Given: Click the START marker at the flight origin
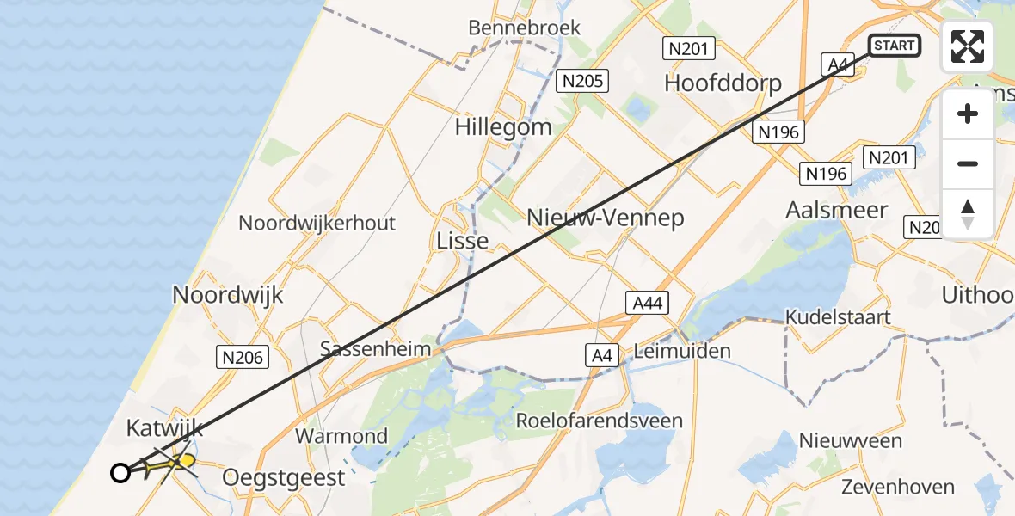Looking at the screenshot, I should pyautogui.click(x=895, y=46).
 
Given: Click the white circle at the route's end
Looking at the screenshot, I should pyautogui.click(x=120, y=472).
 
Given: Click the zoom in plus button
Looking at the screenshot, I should pyautogui.click(x=968, y=114).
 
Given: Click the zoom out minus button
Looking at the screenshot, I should pyautogui.click(x=968, y=164).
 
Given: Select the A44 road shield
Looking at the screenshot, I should pyautogui.click(x=646, y=303).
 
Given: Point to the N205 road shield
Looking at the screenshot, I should pyautogui.click(x=582, y=82).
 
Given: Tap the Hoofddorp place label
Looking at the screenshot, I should pyautogui.click(x=723, y=83).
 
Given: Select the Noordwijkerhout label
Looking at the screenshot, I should pyautogui.click(x=317, y=223).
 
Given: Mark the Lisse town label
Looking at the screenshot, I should pyautogui.click(x=463, y=241).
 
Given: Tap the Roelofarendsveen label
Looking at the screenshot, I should pyautogui.click(x=599, y=421).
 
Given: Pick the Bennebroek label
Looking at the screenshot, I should pyautogui.click(x=524, y=28).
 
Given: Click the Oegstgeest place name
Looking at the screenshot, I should pyautogui.click(x=284, y=476).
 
